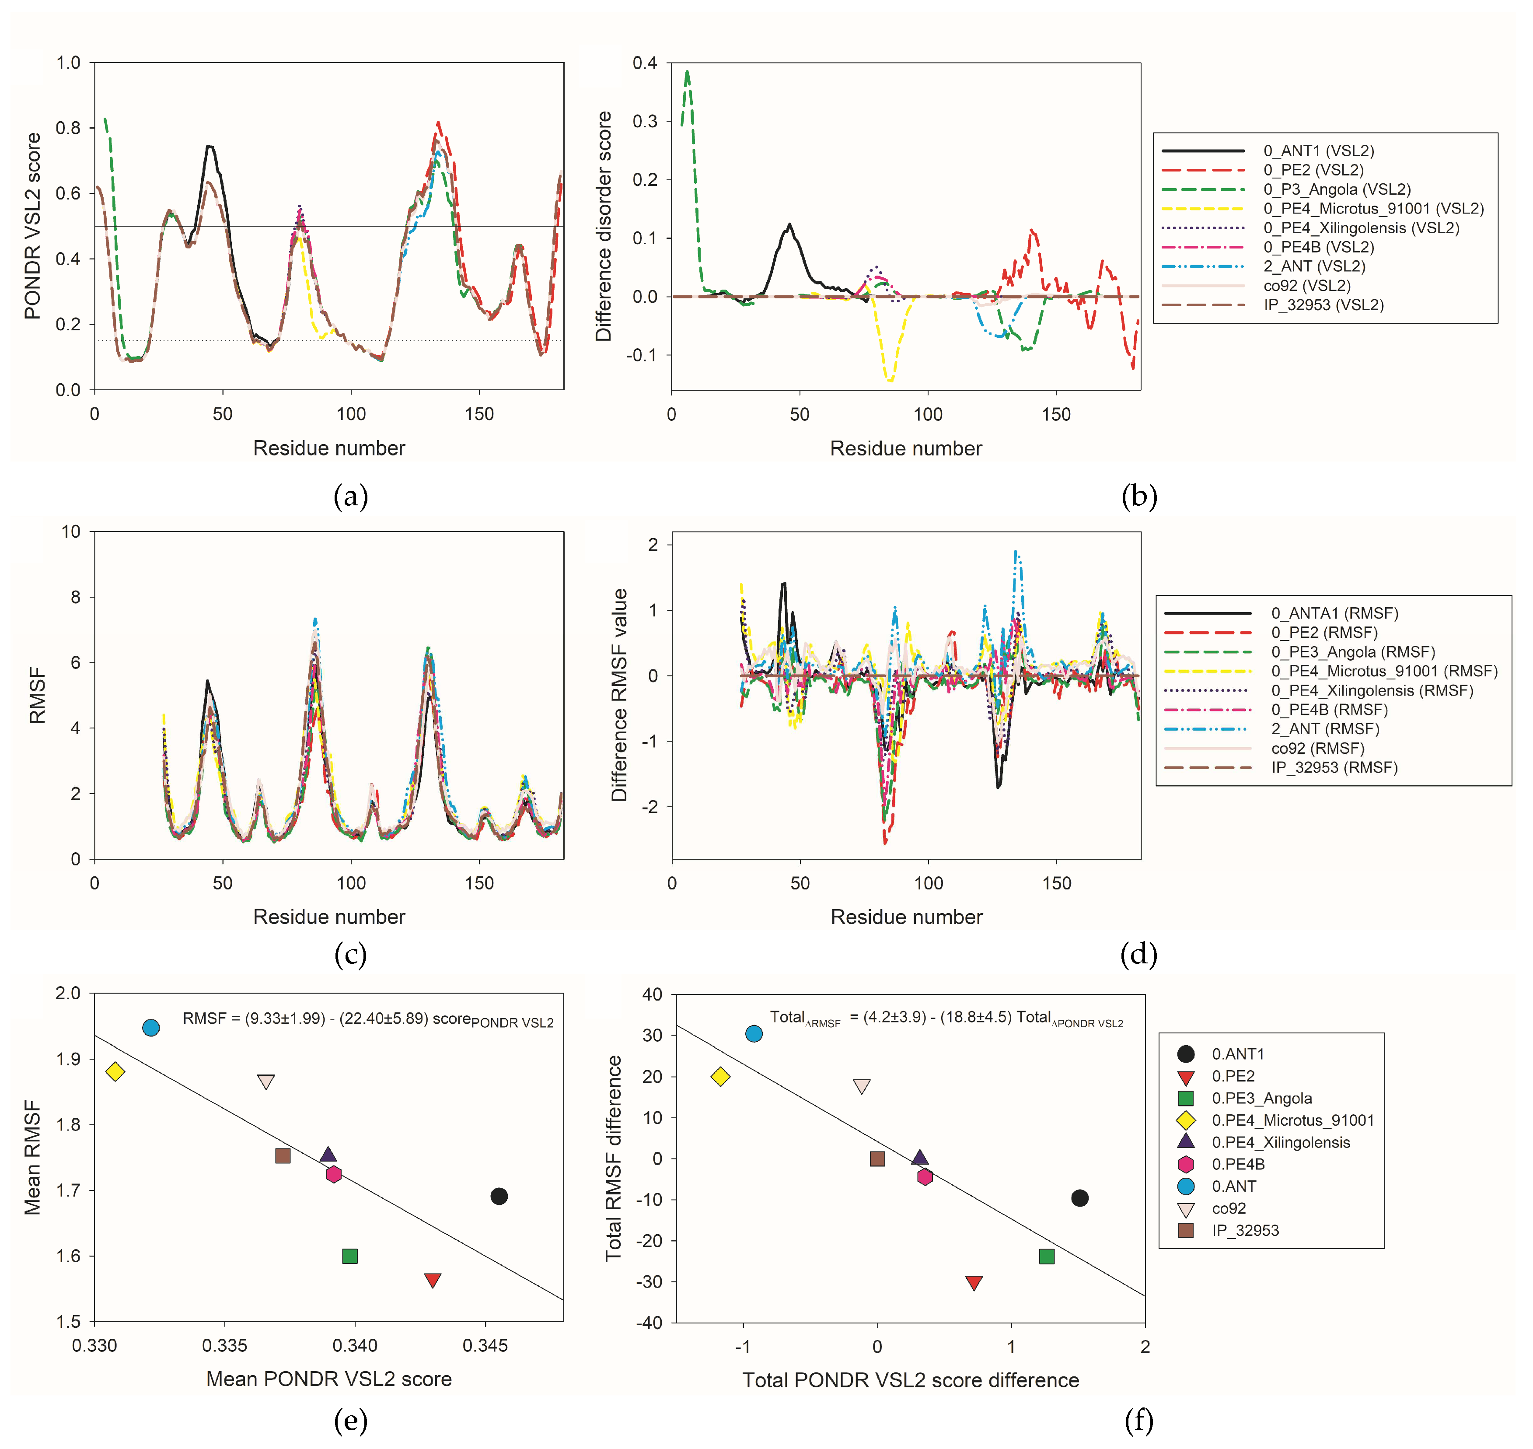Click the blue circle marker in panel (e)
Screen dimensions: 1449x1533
point(151,1027)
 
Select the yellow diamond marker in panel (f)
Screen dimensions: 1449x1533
point(720,1076)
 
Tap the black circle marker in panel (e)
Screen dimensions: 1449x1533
point(499,1196)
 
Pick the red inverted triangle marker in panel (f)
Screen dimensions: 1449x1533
point(974,1283)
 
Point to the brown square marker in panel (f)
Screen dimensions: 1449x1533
point(877,1158)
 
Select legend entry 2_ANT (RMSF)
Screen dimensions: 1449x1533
point(1324,728)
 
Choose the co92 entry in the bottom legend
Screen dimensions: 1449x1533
point(1228,1208)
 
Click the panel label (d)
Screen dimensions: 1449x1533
point(1138,955)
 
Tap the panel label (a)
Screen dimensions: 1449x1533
point(351,496)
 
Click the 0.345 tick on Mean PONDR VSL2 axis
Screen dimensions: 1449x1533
point(485,1345)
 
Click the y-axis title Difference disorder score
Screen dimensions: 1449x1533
point(603,226)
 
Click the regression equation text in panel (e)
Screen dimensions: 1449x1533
point(367,1019)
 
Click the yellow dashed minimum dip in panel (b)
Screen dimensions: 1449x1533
point(890,380)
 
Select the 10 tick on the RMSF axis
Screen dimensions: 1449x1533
point(71,532)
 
